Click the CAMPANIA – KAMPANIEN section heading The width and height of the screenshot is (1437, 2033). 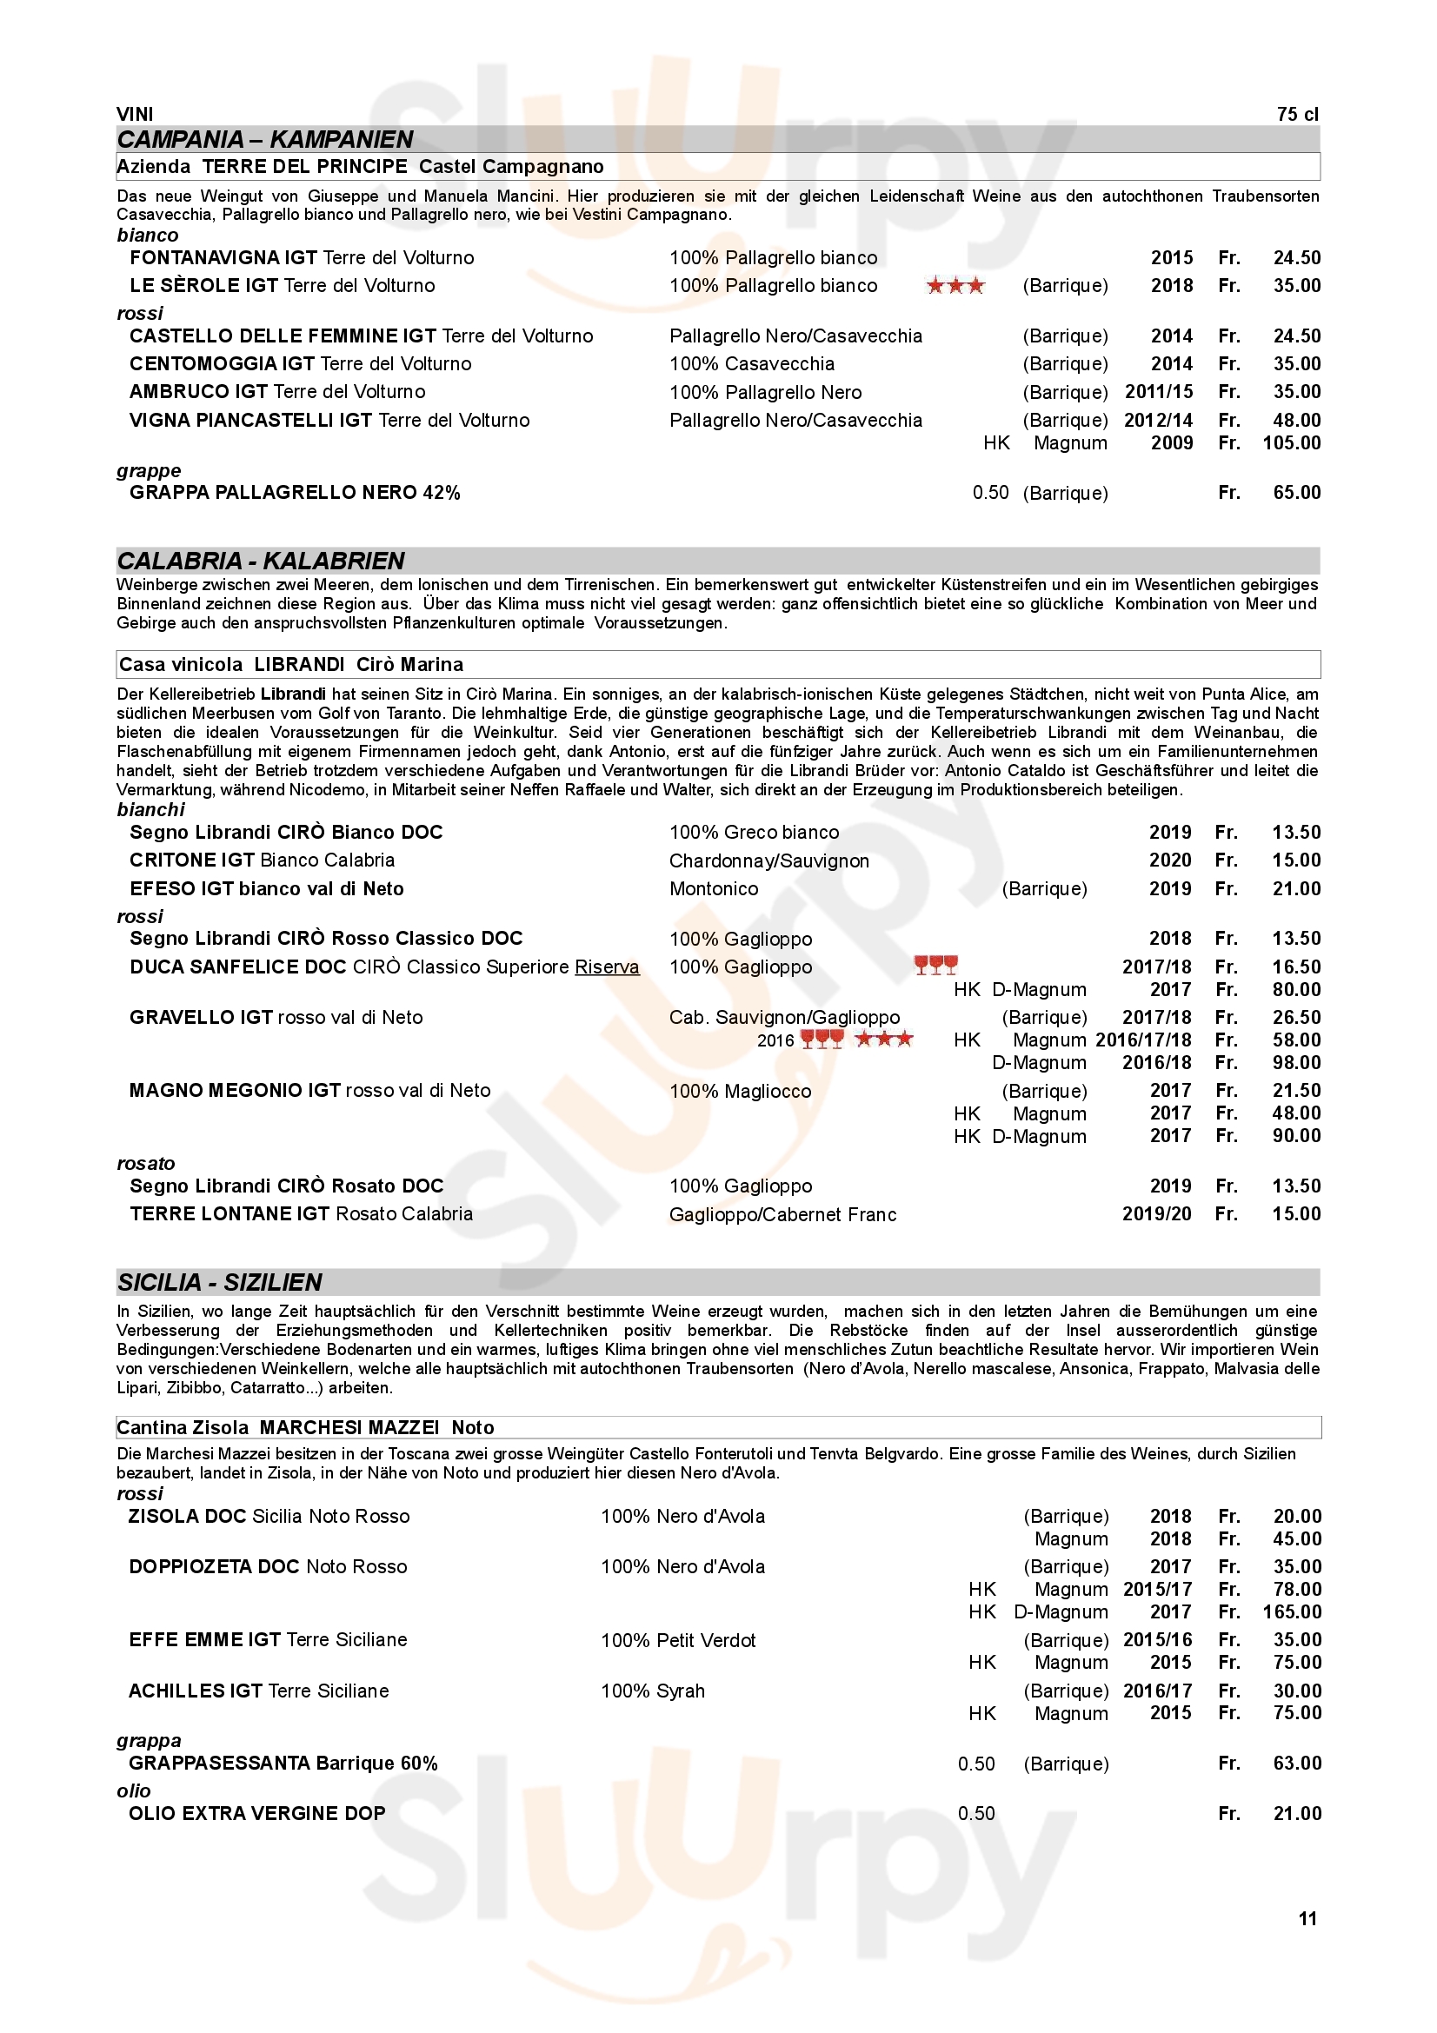click(265, 140)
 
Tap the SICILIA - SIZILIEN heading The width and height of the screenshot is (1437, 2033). click(220, 1282)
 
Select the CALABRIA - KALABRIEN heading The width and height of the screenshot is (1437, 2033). click(261, 561)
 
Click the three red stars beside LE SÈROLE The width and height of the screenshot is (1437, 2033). click(955, 285)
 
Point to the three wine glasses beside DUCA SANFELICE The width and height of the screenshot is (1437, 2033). click(936, 965)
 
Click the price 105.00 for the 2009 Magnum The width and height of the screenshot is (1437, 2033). click(1291, 442)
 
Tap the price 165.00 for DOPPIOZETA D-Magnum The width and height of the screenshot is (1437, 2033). click(1291, 1611)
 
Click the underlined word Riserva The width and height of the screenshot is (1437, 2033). click(607, 967)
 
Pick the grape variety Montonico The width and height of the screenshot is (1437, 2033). click(714, 888)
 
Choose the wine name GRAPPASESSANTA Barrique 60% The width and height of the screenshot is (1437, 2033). click(283, 1763)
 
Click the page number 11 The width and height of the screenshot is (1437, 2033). click(1307, 1919)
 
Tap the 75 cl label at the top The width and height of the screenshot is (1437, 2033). click(1297, 114)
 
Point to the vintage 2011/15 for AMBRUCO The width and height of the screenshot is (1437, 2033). click(1158, 391)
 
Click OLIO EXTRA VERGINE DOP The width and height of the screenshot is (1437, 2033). click(256, 1813)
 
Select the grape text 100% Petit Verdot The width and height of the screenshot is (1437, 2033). click(678, 1640)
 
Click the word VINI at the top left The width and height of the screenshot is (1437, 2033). click(135, 114)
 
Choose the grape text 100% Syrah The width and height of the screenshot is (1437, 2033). click(653, 1691)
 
